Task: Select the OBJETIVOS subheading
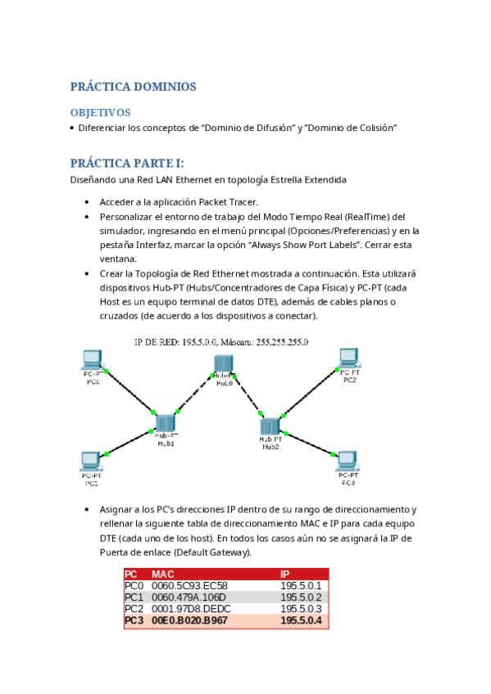pyautogui.click(x=100, y=112)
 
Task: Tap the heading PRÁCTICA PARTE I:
pyautogui.click(x=127, y=163)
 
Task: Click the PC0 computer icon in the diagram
pyautogui.click(x=93, y=359)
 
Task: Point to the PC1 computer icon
pyautogui.click(x=92, y=461)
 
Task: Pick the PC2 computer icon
pyautogui.click(x=350, y=358)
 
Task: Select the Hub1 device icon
pyautogui.click(x=166, y=422)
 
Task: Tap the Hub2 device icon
pyautogui.click(x=271, y=426)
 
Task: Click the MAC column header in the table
pyautogui.click(x=163, y=575)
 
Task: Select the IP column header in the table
pyautogui.click(x=285, y=575)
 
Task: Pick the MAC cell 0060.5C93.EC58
pyautogui.click(x=189, y=586)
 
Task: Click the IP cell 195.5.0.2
pyautogui.click(x=301, y=597)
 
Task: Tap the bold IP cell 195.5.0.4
pyautogui.click(x=301, y=621)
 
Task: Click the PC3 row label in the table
pyautogui.click(x=134, y=621)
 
